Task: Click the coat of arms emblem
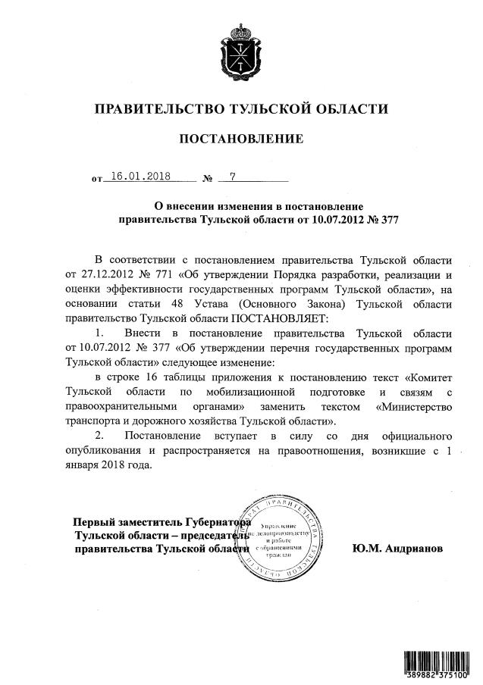(240, 49)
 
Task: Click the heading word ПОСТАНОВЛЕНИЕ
(240, 139)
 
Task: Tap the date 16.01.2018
(141, 177)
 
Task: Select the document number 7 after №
(233, 177)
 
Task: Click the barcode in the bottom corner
(435, 664)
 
